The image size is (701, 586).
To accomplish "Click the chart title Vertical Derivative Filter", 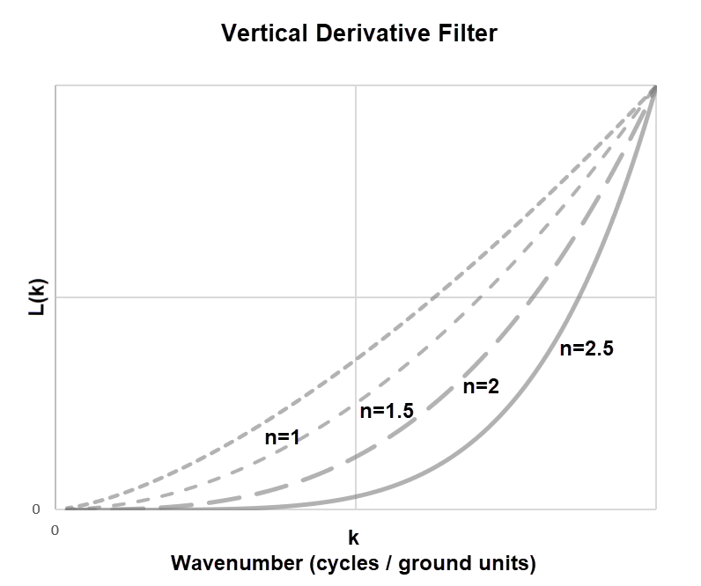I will [359, 33].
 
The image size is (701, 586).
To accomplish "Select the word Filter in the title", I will [465, 33].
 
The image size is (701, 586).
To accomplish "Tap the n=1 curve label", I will [283, 437].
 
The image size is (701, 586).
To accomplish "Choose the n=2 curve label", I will [481, 386].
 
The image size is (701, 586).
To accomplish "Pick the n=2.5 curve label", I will [587, 348].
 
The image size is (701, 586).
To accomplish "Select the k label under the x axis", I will [354, 537].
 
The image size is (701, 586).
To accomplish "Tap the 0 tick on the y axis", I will [36, 509].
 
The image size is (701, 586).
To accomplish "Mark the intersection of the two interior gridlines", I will [356, 297].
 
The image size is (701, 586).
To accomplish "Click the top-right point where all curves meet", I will [655, 87].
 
